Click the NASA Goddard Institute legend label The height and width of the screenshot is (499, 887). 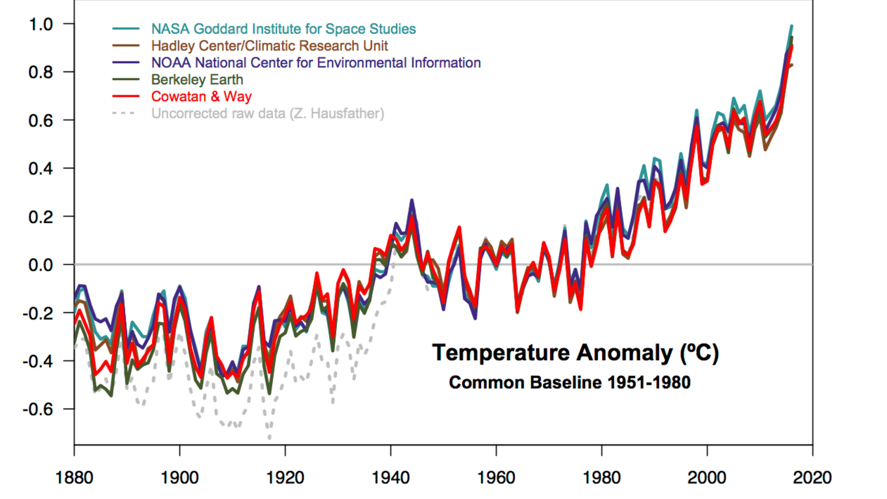click(283, 29)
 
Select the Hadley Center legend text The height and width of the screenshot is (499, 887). click(269, 46)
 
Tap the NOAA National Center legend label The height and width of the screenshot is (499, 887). click(316, 63)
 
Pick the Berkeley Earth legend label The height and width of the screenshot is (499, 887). click(197, 79)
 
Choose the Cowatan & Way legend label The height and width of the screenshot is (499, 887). click(201, 96)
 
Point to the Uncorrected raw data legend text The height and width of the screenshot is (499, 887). click(267, 113)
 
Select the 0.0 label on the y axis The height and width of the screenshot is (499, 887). click(41, 265)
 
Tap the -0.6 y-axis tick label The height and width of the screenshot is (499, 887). click(38, 409)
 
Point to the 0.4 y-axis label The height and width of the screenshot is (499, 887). click(41, 168)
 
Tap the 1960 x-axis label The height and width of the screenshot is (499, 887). click(496, 478)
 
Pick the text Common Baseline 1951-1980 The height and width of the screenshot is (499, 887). click(570, 383)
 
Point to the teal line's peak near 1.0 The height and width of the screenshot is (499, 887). click(792, 26)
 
